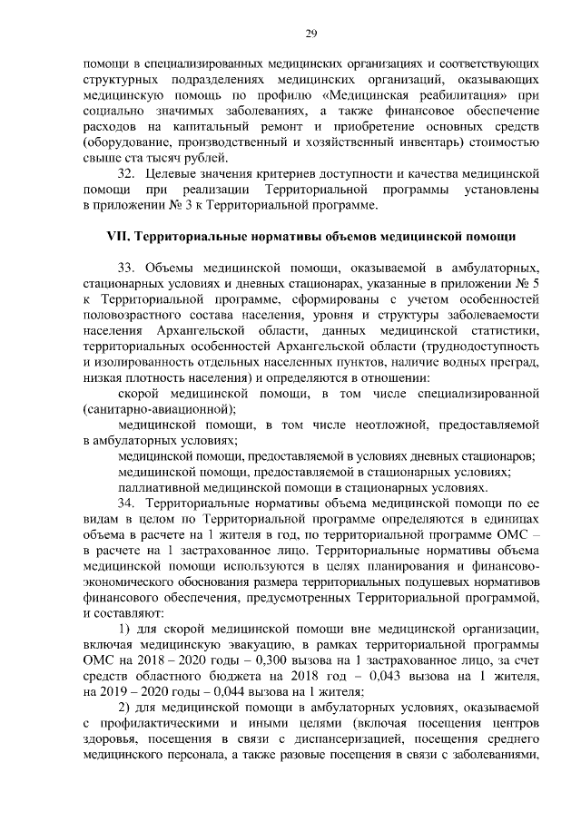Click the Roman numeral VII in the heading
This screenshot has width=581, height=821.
click(118, 238)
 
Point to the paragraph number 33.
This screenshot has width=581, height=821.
click(129, 269)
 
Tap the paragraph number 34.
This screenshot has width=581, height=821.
click(129, 502)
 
